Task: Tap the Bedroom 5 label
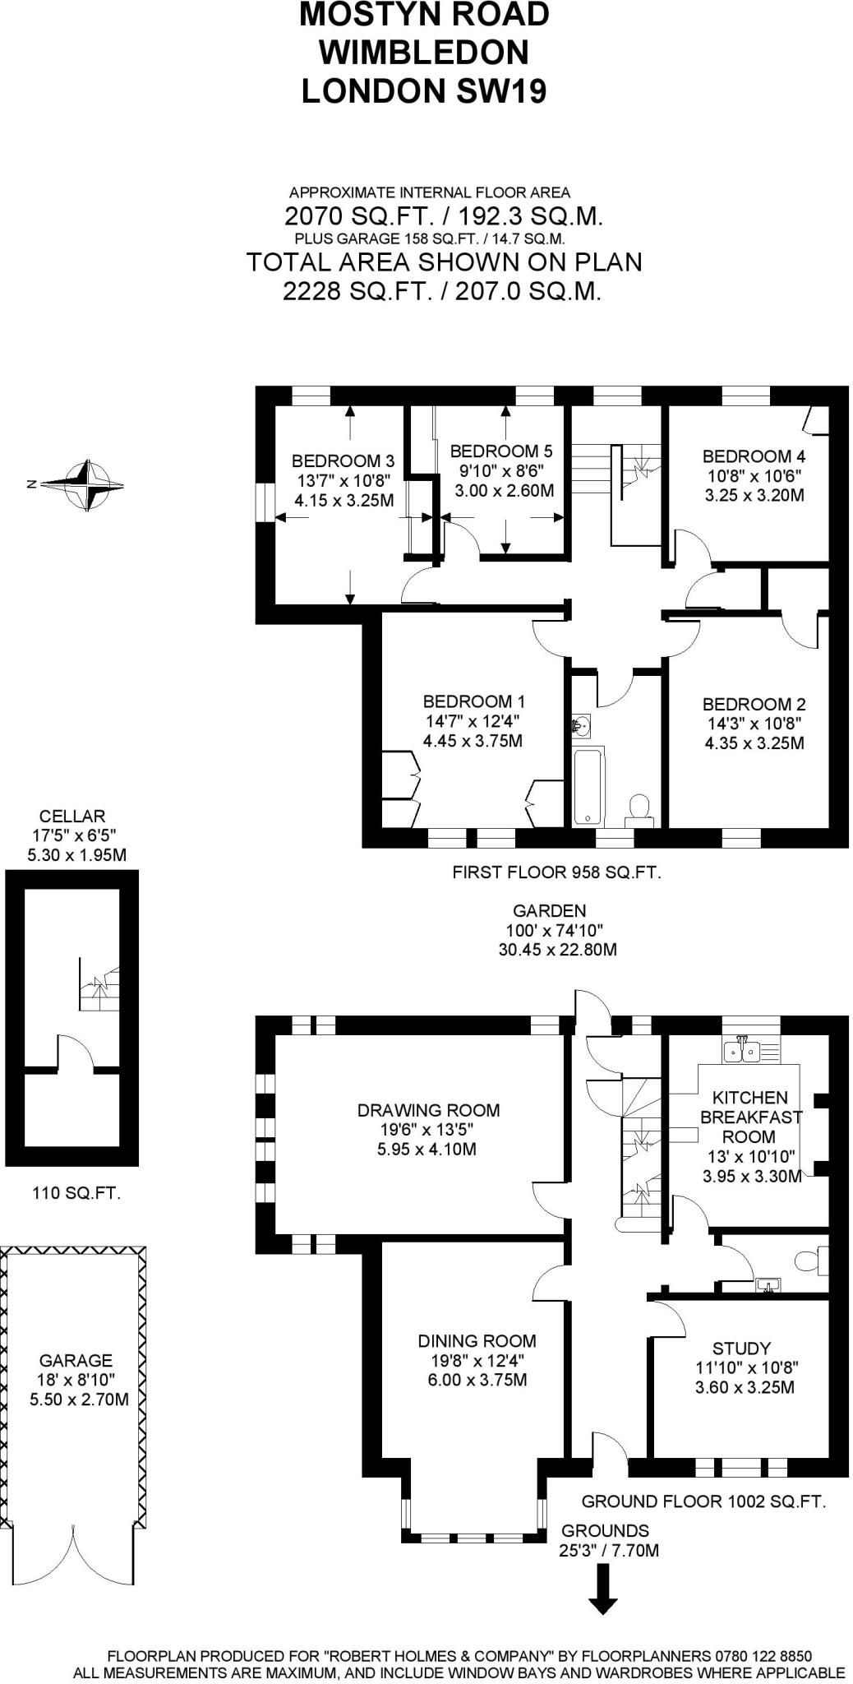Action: tap(500, 451)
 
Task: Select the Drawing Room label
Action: tap(428, 1110)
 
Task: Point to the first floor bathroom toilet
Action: tap(639, 808)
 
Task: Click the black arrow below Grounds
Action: tap(603, 1589)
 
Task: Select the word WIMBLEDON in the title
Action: tap(424, 53)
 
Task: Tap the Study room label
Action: tap(741, 1349)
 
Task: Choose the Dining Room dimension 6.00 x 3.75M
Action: tap(477, 1380)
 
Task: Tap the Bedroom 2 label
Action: tap(754, 704)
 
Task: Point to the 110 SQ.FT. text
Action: tap(76, 1192)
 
